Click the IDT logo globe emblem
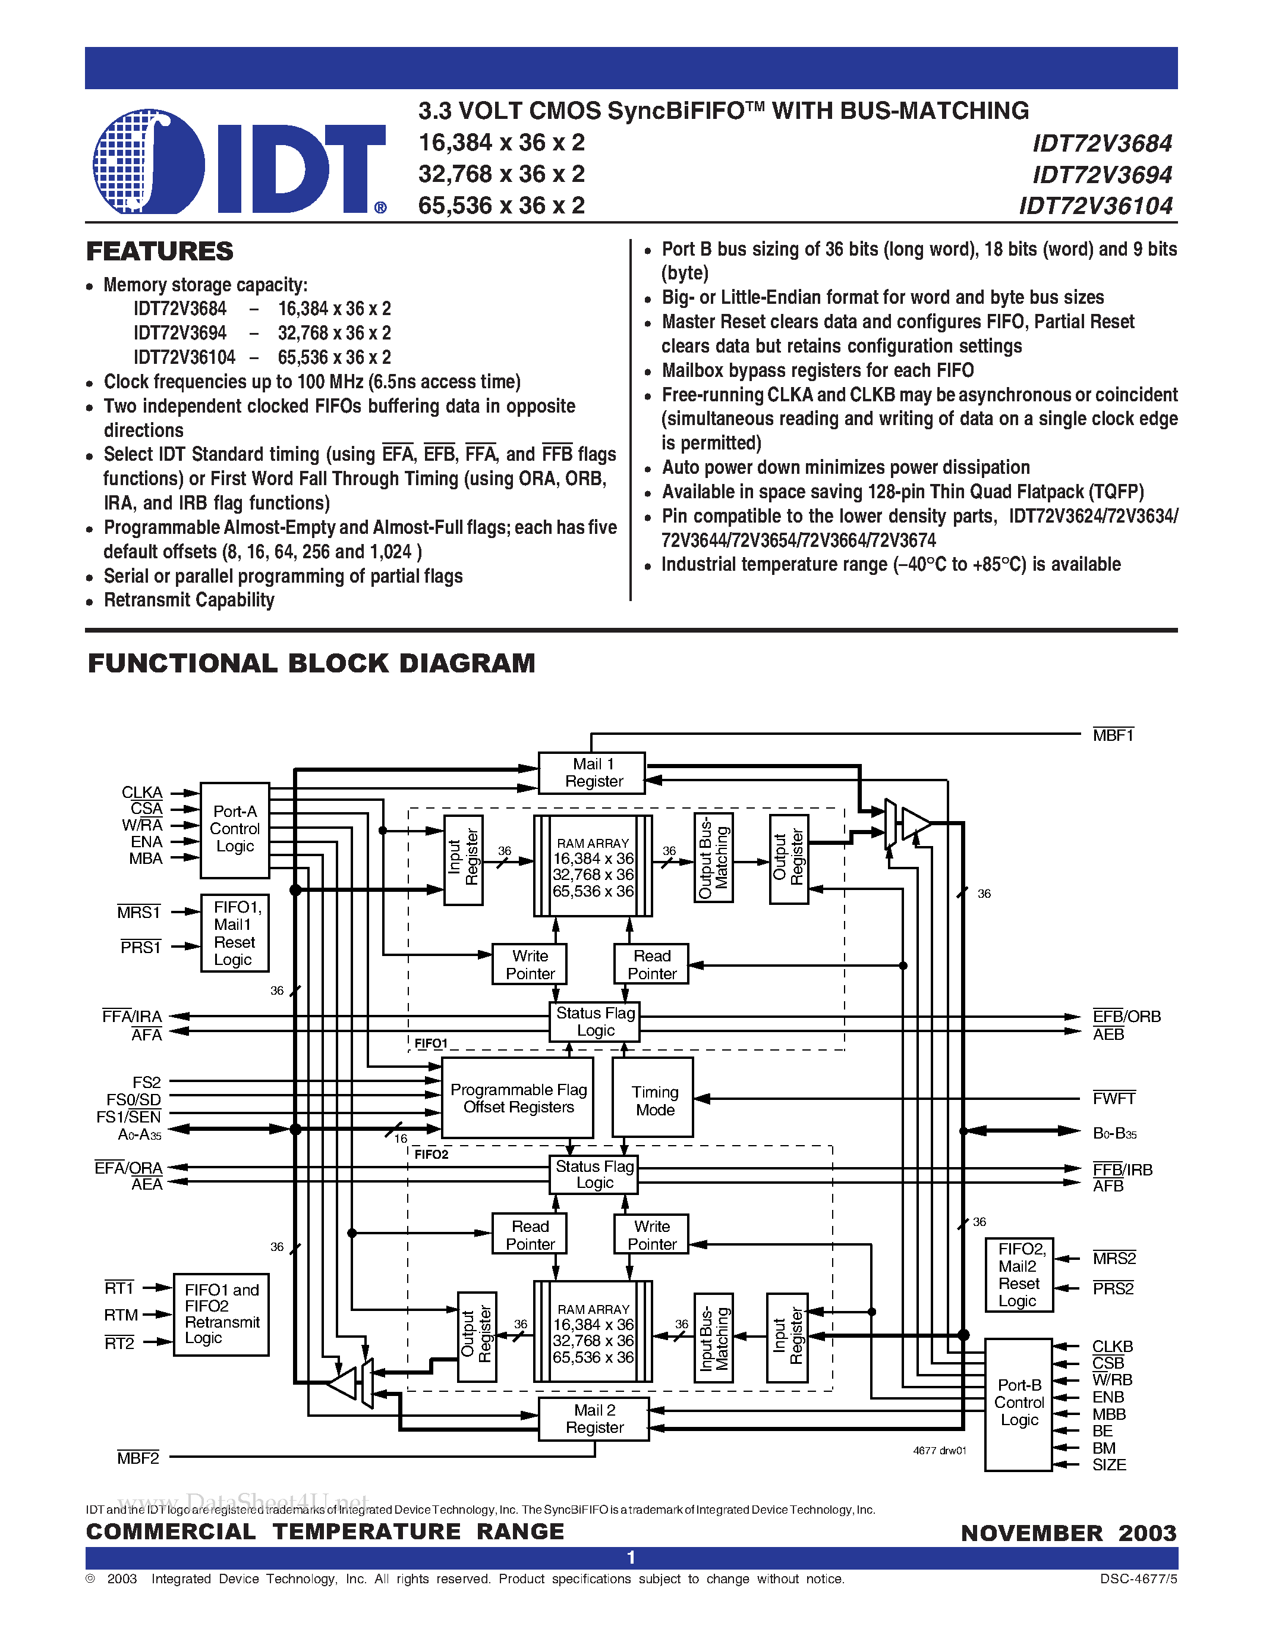coord(148,162)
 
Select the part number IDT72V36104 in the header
coord(1095,206)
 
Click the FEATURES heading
coord(159,251)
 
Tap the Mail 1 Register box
coord(592,772)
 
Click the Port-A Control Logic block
coord(234,829)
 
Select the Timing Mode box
coord(653,1101)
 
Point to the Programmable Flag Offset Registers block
coord(518,1098)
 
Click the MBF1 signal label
coord(1113,735)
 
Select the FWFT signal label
coord(1113,1098)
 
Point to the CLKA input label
coord(142,792)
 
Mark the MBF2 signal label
coord(138,1458)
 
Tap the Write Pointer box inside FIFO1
coord(530,964)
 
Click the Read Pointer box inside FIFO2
coord(530,1234)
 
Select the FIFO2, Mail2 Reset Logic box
coord(1018,1274)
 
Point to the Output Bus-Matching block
coord(713,858)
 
